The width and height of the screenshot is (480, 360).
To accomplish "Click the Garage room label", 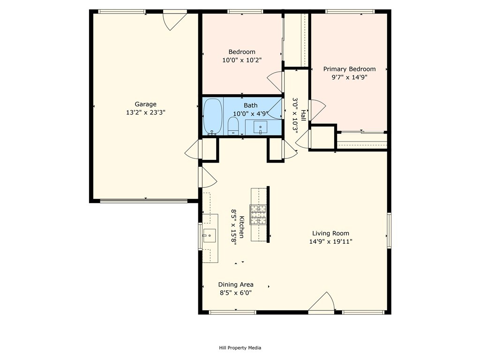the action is pos(146,105).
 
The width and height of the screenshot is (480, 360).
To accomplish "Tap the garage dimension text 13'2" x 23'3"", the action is pos(146,112).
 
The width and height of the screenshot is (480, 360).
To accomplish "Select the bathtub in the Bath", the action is pos(213,116).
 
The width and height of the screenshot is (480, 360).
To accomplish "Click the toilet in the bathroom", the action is pos(233,126).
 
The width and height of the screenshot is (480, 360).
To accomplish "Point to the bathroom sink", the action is pos(260,127).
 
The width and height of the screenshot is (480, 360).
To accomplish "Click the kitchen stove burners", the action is pos(258,215).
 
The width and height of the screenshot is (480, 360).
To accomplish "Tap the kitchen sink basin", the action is pos(210,236).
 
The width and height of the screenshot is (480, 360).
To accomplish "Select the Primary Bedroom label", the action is pos(349,69).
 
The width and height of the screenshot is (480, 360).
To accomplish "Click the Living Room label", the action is pos(330,233).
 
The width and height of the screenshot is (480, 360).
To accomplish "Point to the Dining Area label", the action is pos(236,285).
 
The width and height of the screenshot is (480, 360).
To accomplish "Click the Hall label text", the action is pos(303,115).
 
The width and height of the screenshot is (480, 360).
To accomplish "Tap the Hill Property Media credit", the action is pos(240,348).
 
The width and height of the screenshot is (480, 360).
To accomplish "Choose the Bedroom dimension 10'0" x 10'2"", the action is pos(242,60).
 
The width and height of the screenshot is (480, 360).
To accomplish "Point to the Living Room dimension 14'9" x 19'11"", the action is pos(330,241).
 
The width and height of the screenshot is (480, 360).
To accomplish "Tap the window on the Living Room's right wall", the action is pos(389,230).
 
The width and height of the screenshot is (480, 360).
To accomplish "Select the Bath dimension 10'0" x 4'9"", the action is pos(250,114).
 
